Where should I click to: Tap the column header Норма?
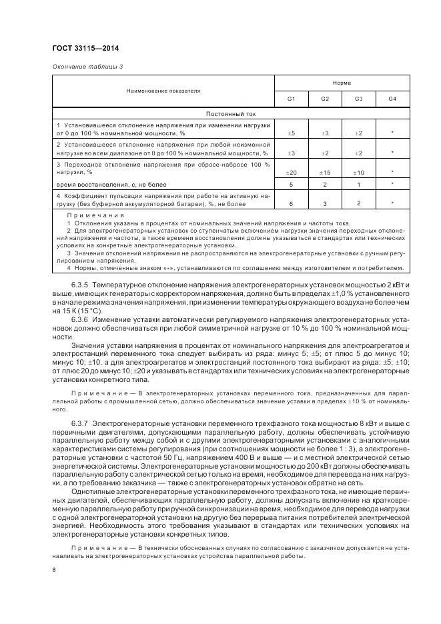point(342,82)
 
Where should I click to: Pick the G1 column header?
point(291,99)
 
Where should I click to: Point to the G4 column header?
point(392,99)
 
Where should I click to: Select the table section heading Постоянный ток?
point(230,113)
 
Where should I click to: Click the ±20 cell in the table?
point(291,173)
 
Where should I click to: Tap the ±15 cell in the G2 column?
point(325,173)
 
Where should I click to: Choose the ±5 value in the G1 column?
point(291,133)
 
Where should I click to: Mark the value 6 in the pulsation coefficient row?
point(291,203)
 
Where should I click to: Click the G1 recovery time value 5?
point(291,184)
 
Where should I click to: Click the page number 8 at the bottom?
point(53,570)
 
